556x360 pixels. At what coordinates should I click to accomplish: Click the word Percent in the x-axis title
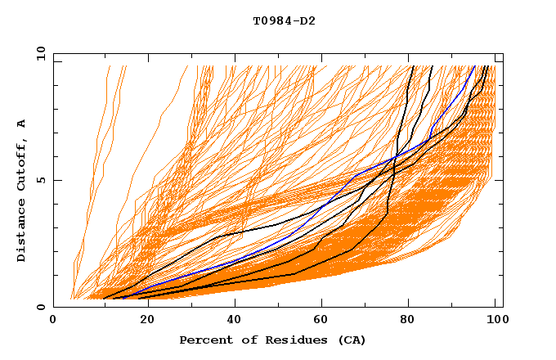(203, 340)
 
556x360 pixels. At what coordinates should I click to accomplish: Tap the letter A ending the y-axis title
(21, 124)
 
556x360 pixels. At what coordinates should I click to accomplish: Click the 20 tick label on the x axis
(142, 320)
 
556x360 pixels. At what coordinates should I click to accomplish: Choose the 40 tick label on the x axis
(231, 320)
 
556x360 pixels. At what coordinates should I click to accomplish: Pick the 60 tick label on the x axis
(320, 320)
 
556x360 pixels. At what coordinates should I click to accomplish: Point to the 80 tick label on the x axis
(408, 320)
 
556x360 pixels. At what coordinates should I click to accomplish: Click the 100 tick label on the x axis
(496, 320)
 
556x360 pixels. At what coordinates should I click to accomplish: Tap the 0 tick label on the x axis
(54, 320)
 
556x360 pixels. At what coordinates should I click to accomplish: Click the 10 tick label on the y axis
(38, 53)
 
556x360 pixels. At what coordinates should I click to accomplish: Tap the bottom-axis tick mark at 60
(320, 304)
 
